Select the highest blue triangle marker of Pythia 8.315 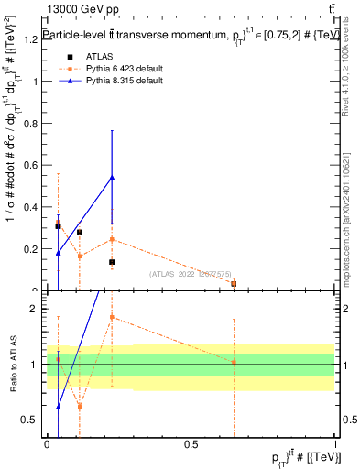112,177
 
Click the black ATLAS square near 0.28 80,232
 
